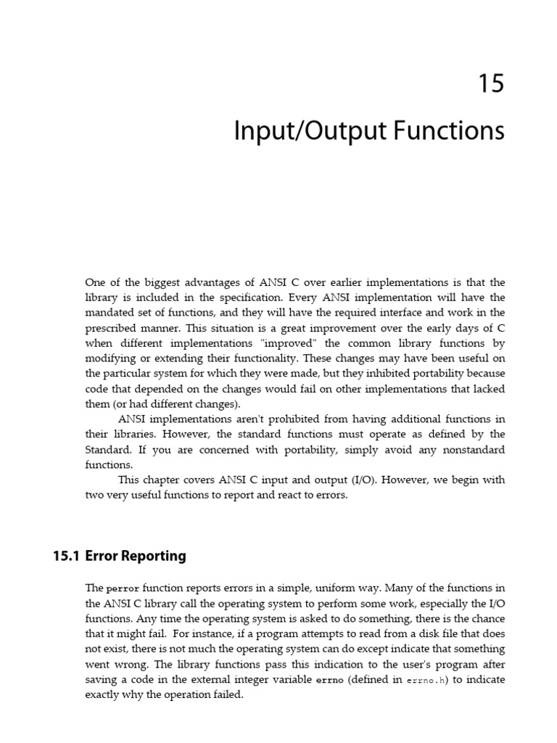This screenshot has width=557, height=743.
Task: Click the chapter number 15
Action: click(x=490, y=84)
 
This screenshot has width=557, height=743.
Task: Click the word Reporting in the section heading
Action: click(x=152, y=557)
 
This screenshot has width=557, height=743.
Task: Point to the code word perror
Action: click(x=121, y=588)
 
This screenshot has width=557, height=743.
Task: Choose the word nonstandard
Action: click(x=472, y=450)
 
